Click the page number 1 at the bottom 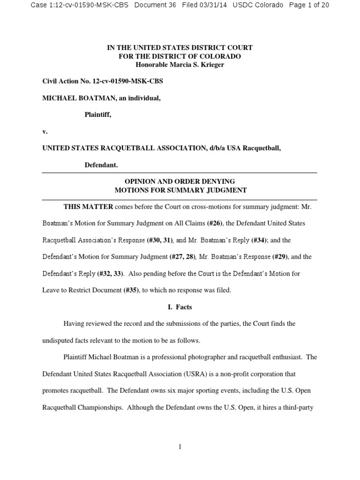tap(180, 447)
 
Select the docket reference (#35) tap(131, 290)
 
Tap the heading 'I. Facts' tap(180, 307)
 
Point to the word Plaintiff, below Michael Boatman tap(97, 115)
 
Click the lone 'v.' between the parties tap(45, 132)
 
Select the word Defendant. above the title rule tap(101, 165)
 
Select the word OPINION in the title tap(140, 181)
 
